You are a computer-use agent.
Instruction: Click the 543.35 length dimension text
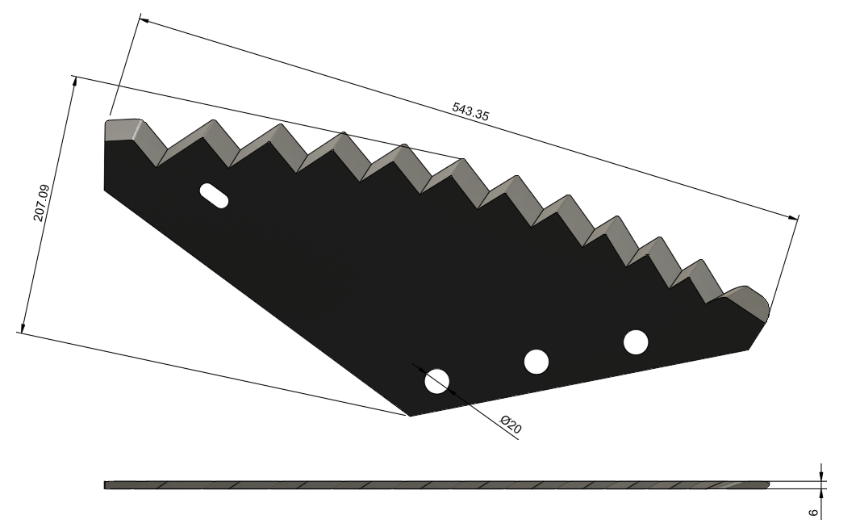[x=470, y=111]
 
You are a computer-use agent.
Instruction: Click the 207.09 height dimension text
[x=42, y=203]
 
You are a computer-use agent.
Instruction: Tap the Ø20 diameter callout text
[x=511, y=425]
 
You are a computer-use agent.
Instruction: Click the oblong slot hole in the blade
[x=214, y=195]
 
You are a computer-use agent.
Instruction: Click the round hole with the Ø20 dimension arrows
[x=436, y=381]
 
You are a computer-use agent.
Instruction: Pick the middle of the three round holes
[x=536, y=362]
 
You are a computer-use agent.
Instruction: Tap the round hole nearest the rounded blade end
[x=636, y=341]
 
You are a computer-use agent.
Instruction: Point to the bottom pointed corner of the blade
[x=410, y=416]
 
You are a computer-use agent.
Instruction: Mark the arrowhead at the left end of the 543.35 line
[x=144, y=20]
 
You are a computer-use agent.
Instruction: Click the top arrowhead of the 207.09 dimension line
[x=74, y=82]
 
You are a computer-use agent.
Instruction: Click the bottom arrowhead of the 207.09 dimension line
[x=23, y=328]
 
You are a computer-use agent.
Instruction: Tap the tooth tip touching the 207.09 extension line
[x=463, y=159]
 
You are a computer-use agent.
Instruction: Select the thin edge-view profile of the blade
[x=436, y=485]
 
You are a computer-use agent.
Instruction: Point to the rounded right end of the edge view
[x=766, y=484]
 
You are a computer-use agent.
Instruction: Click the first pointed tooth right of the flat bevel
[x=213, y=121]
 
